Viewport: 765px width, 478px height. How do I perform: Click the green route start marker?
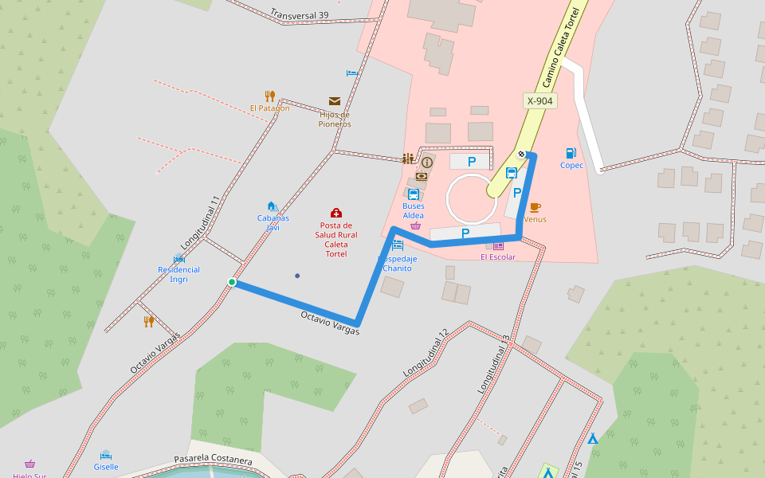(x=232, y=282)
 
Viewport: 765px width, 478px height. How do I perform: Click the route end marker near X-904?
(x=521, y=154)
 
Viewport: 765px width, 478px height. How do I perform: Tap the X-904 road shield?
(x=540, y=101)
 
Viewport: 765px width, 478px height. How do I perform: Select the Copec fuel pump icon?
(x=571, y=153)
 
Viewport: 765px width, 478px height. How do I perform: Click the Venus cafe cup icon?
(x=535, y=207)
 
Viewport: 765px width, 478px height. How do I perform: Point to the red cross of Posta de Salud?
(x=336, y=213)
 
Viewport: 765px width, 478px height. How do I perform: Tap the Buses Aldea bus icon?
(x=413, y=194)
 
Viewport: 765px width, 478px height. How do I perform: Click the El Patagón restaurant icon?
(x=270, y=96)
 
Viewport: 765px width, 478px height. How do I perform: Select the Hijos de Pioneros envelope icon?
(x=335, y=101)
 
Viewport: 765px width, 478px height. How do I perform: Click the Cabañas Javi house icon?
(x=272, y=206)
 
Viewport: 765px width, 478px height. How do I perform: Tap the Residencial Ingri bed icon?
(x=178, y=258)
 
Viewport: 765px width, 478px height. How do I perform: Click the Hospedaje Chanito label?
(x=397, y=264)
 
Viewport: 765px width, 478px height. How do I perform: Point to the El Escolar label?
(x=498, y=257)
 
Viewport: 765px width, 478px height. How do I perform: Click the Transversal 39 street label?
(x=299, y=14)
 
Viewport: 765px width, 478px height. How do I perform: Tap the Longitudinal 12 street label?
(x=426, y=352)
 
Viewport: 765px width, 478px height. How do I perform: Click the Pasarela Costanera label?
(x=213, y=461)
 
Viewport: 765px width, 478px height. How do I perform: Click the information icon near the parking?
(x=427, y=163)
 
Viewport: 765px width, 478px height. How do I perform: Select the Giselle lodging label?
(x=106, y=467)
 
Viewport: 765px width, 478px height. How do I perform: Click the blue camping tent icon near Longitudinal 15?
(x=592, y=438)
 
